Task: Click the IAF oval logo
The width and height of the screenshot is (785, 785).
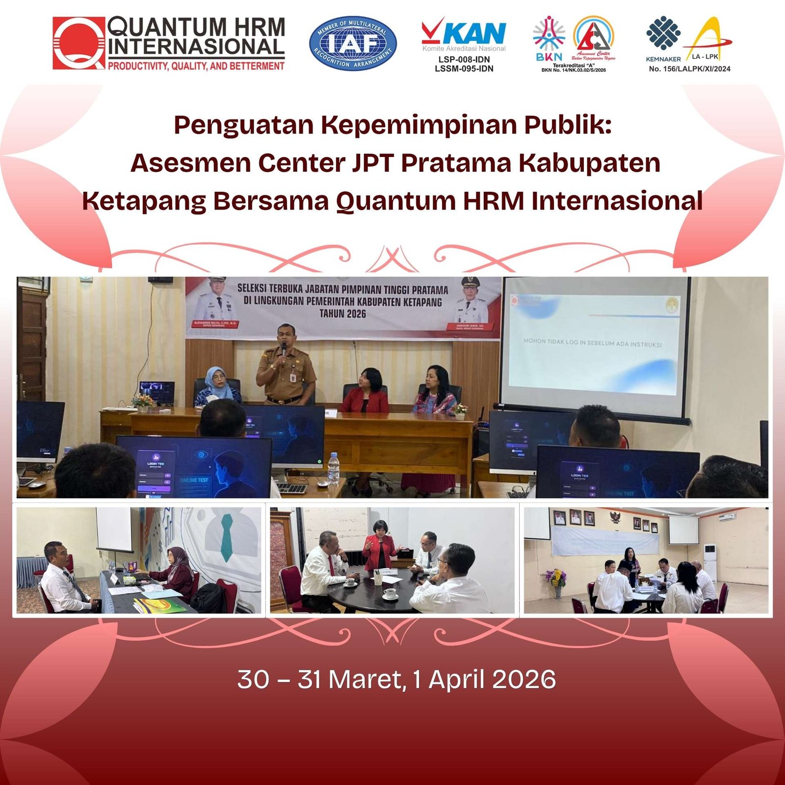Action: pos(353,43)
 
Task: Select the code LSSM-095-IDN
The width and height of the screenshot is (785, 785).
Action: pos(464,69)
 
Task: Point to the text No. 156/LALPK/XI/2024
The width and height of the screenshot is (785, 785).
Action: pos(689,69)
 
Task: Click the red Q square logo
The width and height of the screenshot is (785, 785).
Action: pos(79,43)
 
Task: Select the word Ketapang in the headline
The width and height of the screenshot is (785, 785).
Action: pos(144,201)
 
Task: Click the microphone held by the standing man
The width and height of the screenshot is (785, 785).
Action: pos(284,349)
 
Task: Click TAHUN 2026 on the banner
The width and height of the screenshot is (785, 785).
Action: pos(342,314)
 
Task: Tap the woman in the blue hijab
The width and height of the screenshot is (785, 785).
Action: pos(216,385)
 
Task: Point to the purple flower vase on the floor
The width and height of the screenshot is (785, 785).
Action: pos(556,584)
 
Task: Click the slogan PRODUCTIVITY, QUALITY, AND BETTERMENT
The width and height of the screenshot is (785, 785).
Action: pos(196,66)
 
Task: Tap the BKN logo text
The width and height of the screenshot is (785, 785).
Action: pos(549,57)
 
